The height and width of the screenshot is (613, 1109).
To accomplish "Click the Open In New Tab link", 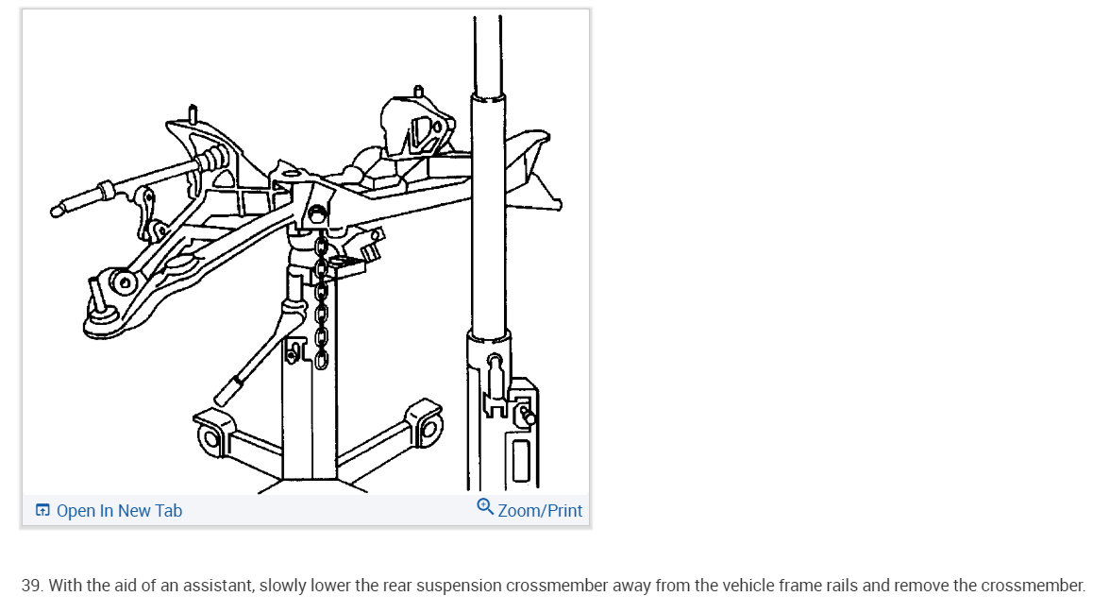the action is tap(119, 511).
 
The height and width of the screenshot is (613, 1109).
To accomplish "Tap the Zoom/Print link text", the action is tap(540, 511).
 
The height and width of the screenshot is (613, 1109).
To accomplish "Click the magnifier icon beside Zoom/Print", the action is tap(485, 507).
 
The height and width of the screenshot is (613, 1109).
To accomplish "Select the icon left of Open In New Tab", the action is tap(42, 511).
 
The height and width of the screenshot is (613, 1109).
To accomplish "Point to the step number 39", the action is tap(31, 586).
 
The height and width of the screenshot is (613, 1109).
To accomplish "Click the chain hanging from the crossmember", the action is tap(321, 302).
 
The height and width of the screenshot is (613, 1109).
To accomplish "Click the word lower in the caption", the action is tap(333, 586).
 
